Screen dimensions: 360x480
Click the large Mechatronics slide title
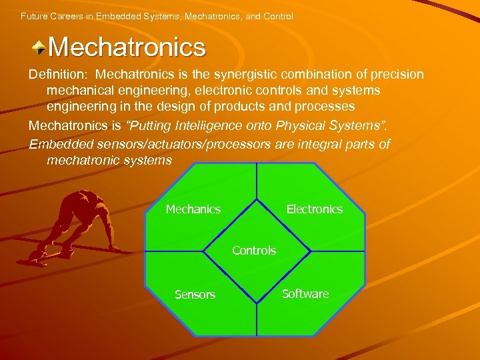pos(127,47)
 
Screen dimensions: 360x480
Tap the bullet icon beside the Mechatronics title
pos(39,47)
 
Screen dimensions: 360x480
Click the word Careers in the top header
pos(65,15)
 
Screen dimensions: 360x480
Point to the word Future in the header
pos(34,15)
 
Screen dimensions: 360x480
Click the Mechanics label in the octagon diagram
pos(193,209)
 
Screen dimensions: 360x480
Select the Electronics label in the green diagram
pos(315,209)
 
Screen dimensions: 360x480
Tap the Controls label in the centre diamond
pos(254,251)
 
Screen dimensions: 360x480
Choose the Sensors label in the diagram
pos(195,295)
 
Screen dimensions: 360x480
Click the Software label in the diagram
pos(305,294)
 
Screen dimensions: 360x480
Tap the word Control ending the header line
pos(278,15)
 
